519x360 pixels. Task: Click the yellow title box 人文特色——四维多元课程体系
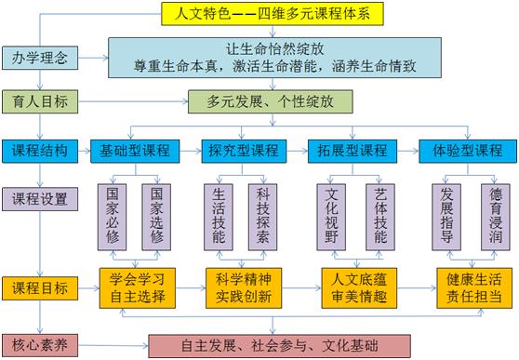coord(258,12)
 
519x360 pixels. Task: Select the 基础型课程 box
coord(135,150)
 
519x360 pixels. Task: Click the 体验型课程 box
coord(462,150)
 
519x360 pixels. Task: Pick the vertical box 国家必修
coord(113,217)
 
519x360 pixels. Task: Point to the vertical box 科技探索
coord(264,217)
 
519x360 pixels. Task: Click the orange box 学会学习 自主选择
coord(137,287)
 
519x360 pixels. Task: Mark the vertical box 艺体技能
coord(379,217)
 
